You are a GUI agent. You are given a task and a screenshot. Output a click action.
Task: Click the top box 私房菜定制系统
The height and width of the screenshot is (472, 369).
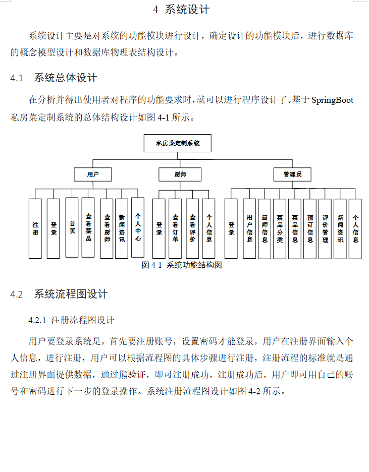pos(178,143)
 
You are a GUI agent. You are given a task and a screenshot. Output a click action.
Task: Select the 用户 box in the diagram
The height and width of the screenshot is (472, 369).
pos(92,174)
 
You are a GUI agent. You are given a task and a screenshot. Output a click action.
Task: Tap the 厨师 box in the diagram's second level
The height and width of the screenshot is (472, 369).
pos(180,174)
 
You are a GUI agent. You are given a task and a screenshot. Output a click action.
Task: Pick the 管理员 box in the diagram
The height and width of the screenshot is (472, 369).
pos(292,174)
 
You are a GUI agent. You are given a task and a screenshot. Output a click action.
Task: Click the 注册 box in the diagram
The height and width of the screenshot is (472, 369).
pos(35,228)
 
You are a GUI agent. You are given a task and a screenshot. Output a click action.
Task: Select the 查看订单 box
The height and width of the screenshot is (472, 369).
pos(175,228)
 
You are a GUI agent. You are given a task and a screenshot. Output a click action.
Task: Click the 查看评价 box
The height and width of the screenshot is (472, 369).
pos(192,228)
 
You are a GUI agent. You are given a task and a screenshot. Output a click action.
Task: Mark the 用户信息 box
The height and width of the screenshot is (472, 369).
pos(250,228)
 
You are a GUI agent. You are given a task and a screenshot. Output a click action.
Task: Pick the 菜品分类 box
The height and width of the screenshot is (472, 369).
pos(280,228)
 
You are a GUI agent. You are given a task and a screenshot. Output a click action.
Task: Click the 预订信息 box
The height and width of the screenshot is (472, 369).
pos(310,228)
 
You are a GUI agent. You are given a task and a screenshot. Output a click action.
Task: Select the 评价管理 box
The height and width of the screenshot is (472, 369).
pos(325,228)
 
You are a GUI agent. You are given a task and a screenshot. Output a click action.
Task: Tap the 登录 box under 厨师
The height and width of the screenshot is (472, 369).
pos(159,228)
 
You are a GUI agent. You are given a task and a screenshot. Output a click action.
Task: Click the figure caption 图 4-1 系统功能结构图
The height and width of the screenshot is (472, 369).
pos(182,265)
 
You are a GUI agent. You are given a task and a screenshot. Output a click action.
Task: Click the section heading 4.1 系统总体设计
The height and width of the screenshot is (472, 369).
pos(54,78)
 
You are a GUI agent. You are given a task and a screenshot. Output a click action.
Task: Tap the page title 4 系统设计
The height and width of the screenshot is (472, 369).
pos(181,10)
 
